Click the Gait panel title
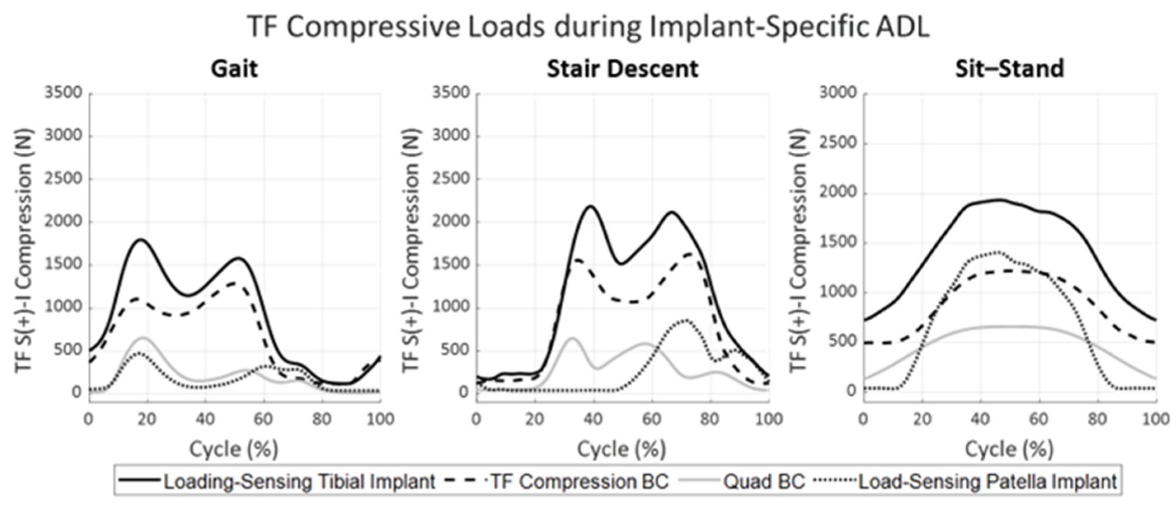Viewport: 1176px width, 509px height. click(x=234, y=69)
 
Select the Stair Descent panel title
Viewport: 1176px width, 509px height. click(x=623, y=69)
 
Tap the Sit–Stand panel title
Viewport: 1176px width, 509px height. click(x=1009, y=69)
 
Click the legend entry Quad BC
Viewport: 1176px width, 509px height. click(x=764, y=481)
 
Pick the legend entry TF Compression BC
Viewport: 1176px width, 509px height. click(x=579, y=481)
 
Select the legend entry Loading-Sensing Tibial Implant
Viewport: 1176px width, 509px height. click(x=299, y=481)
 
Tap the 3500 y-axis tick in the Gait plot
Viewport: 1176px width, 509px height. click(x=64, y=93)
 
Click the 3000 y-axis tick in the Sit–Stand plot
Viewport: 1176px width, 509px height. click(x=838, y=93)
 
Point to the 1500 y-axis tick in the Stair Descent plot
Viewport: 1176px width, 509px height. click(x=451, y=265)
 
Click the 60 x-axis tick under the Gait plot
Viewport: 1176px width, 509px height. click(x=263, y=419)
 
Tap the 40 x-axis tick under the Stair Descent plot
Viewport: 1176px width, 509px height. click(x=593, y=419)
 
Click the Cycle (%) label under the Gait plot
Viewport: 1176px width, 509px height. click(x=234, y=449)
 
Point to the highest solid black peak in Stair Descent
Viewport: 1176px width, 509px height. click(x=591, y=206)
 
